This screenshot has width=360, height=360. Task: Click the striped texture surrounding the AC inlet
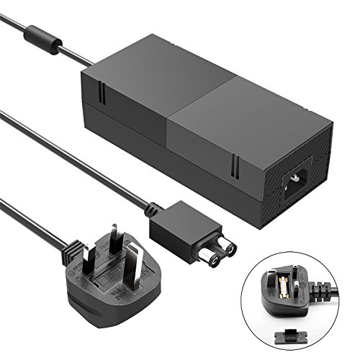[317, 191]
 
